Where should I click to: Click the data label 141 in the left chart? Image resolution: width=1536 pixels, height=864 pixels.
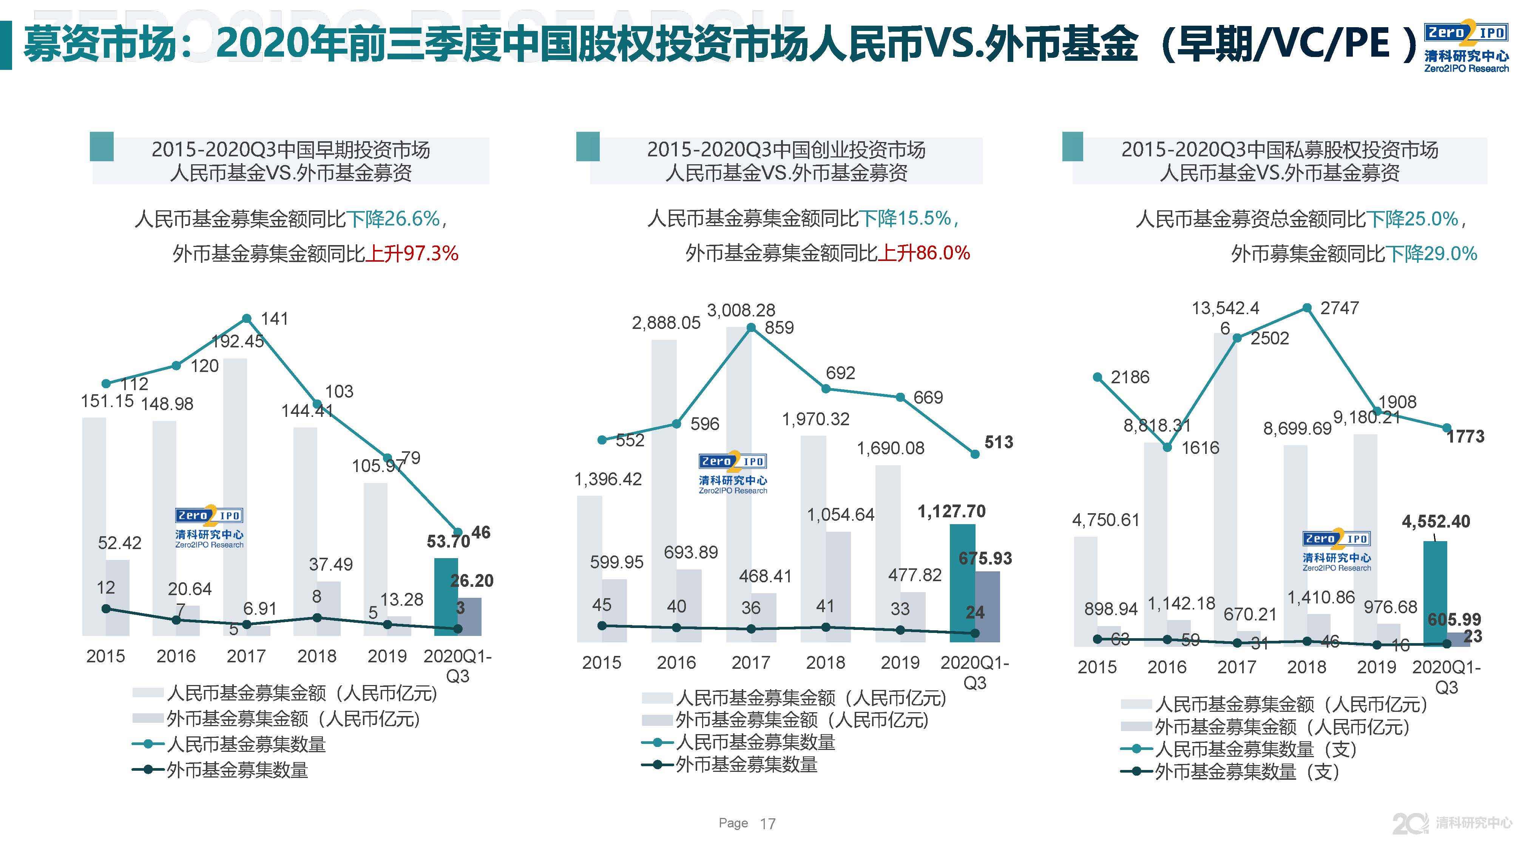274,319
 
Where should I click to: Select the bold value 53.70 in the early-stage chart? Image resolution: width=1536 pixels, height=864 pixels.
448,542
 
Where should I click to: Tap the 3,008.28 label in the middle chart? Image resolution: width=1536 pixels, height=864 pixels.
741,310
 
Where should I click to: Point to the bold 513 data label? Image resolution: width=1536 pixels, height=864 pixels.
999,443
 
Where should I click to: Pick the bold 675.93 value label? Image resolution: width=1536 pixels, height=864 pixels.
985,559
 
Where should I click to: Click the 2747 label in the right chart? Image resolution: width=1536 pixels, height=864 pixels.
1339,308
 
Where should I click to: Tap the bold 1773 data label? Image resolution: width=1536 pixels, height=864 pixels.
1465,437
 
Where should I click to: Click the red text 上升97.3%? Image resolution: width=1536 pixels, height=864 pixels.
412,254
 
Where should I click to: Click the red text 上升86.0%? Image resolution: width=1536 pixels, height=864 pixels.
924,253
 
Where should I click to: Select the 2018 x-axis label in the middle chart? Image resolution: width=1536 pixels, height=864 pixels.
825,662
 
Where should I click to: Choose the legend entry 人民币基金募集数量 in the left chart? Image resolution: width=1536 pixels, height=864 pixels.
245,745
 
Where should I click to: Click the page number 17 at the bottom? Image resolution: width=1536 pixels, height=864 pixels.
767,824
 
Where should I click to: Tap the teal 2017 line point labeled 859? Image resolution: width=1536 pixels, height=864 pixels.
751,328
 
